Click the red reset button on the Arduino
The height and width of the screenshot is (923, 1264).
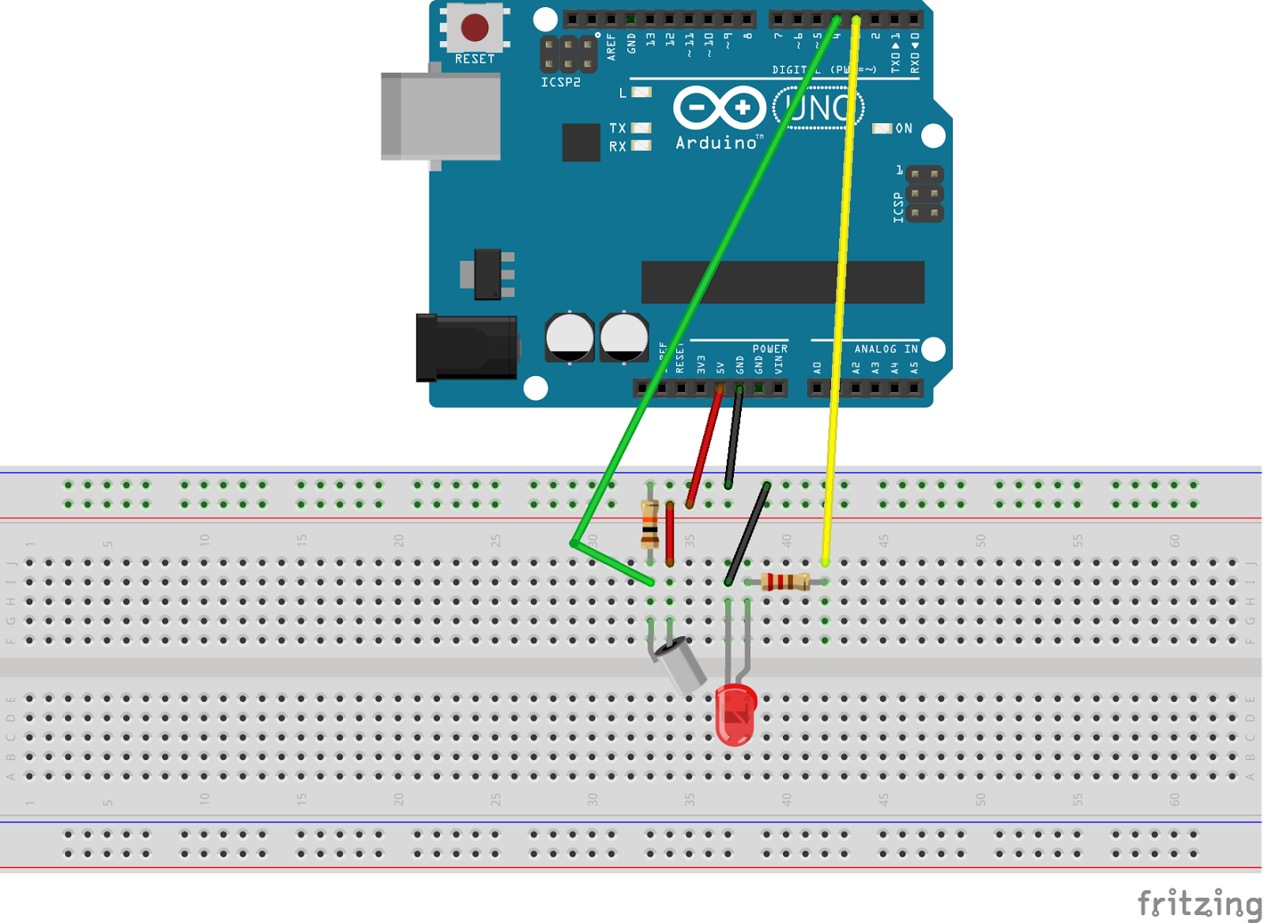point(474,28)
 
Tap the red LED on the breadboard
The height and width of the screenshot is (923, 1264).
point(735,714)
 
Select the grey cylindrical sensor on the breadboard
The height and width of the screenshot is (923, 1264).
point(682,665)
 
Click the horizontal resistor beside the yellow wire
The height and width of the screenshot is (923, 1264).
point(784,582)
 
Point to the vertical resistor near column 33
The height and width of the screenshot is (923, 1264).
point(649,525)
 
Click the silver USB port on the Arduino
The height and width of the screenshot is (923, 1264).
point(440,116)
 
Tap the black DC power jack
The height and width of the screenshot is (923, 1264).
point(466,348)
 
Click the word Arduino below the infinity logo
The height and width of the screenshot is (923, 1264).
point(717,143)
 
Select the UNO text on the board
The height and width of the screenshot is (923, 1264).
point(818,108)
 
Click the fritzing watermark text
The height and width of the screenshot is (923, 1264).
point(1199,902)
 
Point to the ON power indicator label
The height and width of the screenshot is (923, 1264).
point(904,128)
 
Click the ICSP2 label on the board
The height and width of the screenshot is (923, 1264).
point(560,82)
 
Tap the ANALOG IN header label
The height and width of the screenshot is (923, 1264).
point(886,348)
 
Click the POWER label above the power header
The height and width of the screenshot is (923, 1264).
point(769,348)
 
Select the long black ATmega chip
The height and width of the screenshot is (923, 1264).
point(782,282)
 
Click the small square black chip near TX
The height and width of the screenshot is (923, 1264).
point(581,142)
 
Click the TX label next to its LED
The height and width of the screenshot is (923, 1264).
point(617,128)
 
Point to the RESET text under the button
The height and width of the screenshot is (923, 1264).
point(474,59)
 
